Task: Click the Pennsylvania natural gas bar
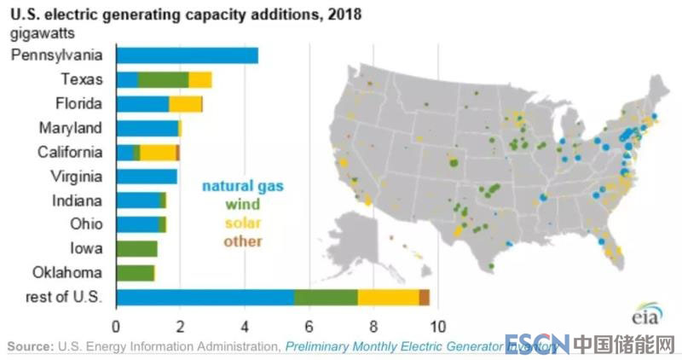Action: (187, 55)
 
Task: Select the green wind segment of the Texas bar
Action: (163, 80)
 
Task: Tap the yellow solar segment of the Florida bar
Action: (185, 104)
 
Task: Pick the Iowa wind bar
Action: (136, 249)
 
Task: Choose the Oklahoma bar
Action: (135, 273)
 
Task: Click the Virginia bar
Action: (146, 177)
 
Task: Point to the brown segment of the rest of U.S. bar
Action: (425, 298)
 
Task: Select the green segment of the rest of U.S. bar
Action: (326, 298)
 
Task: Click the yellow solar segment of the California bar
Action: (158, 153)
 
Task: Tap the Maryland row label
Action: (72, 128)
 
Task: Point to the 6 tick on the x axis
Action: (309, 325)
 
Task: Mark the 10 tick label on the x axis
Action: (437, 325)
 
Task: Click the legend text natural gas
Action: (243, 185)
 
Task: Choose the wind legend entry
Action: (243, 204)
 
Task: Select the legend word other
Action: (243, 241)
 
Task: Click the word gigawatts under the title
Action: (40, 33)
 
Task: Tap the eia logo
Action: (646, 317)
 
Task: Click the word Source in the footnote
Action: (31, 346)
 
